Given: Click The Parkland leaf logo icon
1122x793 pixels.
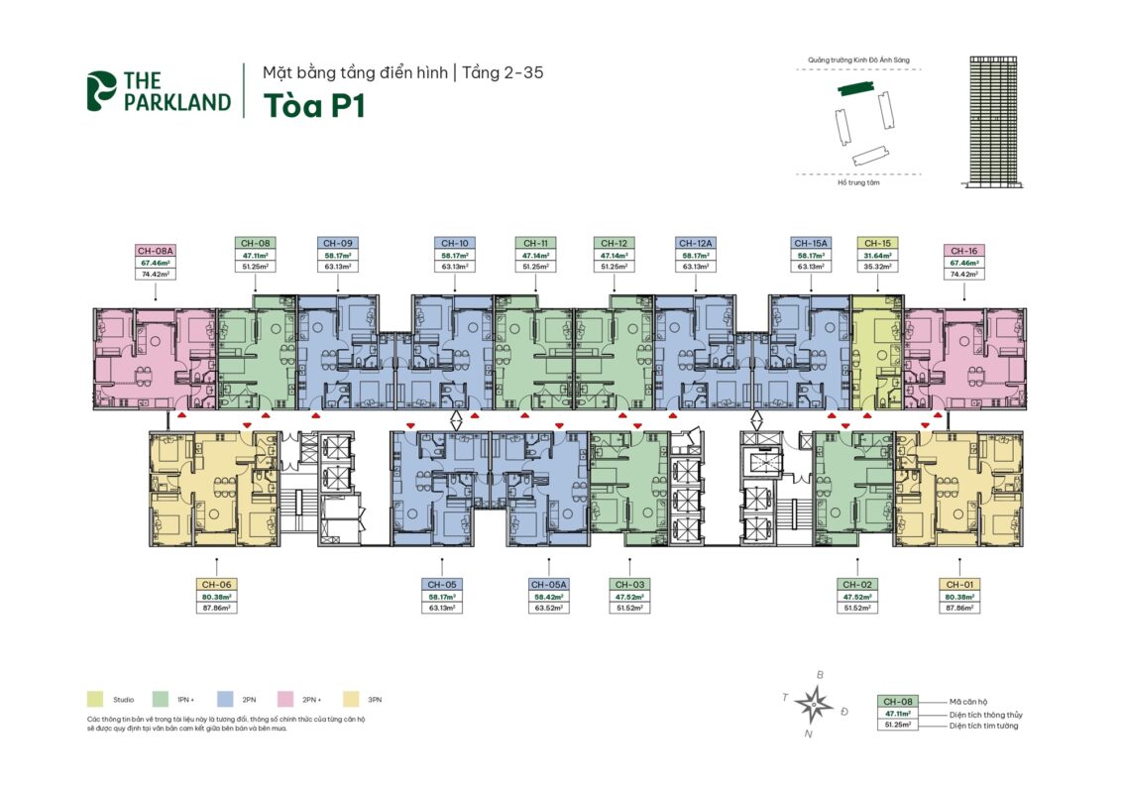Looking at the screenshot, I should pyautogui.click(x=101, y=90).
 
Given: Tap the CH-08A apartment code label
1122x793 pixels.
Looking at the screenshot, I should pyautogui.click(x=156, y=252).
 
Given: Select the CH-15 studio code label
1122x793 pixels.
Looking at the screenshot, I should pyautogui.click(x=876, y=243).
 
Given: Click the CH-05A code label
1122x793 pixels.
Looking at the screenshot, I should pyautogui.click(x=549, y=585).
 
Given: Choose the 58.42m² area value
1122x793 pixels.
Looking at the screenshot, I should pyautogui.click(x=549, y=597).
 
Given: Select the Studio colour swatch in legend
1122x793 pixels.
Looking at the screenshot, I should pyautogui.click(x=95, y=700).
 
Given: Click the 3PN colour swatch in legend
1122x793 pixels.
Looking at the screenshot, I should pyautogui.click(x=350, y=700).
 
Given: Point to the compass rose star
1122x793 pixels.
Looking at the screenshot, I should pyautogui.click(x=815, y=704).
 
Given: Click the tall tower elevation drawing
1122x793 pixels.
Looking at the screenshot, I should pyautogui.click(x=997, y=121).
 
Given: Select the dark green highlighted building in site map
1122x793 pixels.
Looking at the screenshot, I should pyautogui.click(x=856, y=89).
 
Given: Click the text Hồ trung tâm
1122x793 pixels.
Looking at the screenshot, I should pyautogui.click(x=858, y=182).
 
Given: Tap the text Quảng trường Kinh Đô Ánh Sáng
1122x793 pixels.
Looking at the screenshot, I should pyautogui.click(x=858, y=60).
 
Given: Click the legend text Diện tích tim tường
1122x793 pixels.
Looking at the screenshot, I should pyautogui.click(x=983, y=726).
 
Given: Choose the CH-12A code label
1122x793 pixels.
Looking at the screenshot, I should pyautogui.click(x=695, y=243).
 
